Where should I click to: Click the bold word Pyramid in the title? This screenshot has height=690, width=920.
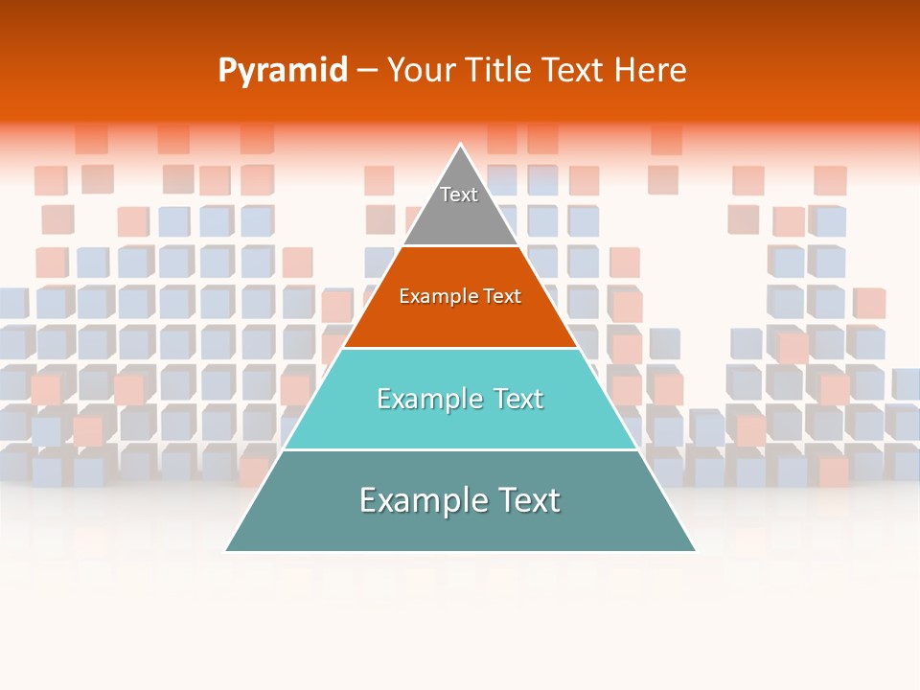coord(283,71)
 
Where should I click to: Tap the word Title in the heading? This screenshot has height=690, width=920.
coord(501,71)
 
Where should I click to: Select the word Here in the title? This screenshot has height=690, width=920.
coord(650,71)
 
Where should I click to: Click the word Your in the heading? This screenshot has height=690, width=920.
coord(419,71)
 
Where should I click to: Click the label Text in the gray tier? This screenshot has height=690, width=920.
coord(459,195)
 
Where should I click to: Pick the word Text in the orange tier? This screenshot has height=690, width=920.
coord(502,296)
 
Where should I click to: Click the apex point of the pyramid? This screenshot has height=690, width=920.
coord(461,146)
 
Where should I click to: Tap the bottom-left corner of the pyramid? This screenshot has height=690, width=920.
coord(226,550)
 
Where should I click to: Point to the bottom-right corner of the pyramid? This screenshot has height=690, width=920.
coord(695,550)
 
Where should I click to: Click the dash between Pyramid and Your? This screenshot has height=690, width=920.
coord(367,71)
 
